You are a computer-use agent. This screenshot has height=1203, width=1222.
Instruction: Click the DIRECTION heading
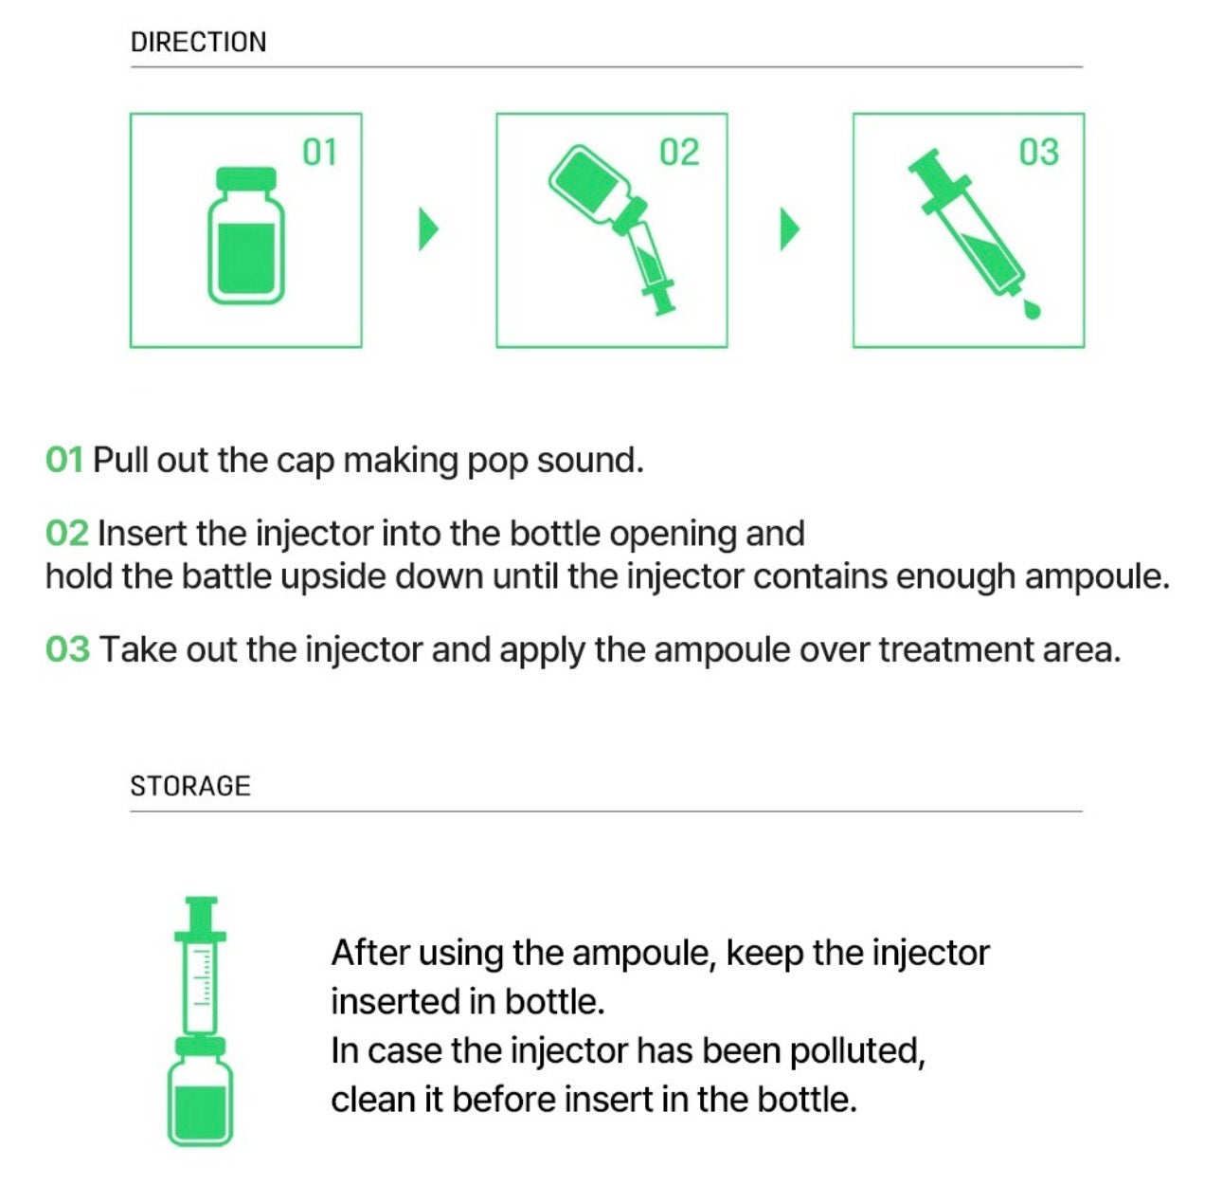coord(199,43)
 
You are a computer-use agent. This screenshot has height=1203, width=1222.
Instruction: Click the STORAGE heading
coord(190,787)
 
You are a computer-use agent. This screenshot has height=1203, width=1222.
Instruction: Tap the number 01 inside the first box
coord(319,153)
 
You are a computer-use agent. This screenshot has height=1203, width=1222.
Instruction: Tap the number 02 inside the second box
coord(679,153)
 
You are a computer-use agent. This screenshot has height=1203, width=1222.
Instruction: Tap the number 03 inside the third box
coord(1039,153)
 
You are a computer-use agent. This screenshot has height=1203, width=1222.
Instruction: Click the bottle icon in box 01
coord(246,235)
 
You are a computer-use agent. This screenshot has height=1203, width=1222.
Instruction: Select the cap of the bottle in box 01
coord(246,178)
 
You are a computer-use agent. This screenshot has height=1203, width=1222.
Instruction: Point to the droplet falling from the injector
coord(1032,310)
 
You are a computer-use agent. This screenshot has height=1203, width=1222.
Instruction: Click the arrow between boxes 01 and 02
coord(429,229)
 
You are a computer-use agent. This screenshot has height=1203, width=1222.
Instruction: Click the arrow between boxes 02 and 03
coord(789,229)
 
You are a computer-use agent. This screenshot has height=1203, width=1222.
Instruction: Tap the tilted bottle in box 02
coord(596,188)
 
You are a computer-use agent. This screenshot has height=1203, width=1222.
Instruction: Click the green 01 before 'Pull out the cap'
coord(64,461)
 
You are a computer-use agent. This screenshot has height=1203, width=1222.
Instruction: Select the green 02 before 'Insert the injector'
coord(66,534)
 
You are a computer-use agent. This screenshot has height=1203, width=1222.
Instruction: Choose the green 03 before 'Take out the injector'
coord(67,650)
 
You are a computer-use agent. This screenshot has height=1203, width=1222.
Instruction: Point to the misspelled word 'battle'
coord(226,577)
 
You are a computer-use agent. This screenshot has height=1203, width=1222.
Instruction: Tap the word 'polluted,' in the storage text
coord(857,1051)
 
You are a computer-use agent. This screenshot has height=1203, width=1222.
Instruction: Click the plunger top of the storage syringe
coord(201,902)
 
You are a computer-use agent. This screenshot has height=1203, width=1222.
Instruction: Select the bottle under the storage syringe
coord(201,1091)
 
